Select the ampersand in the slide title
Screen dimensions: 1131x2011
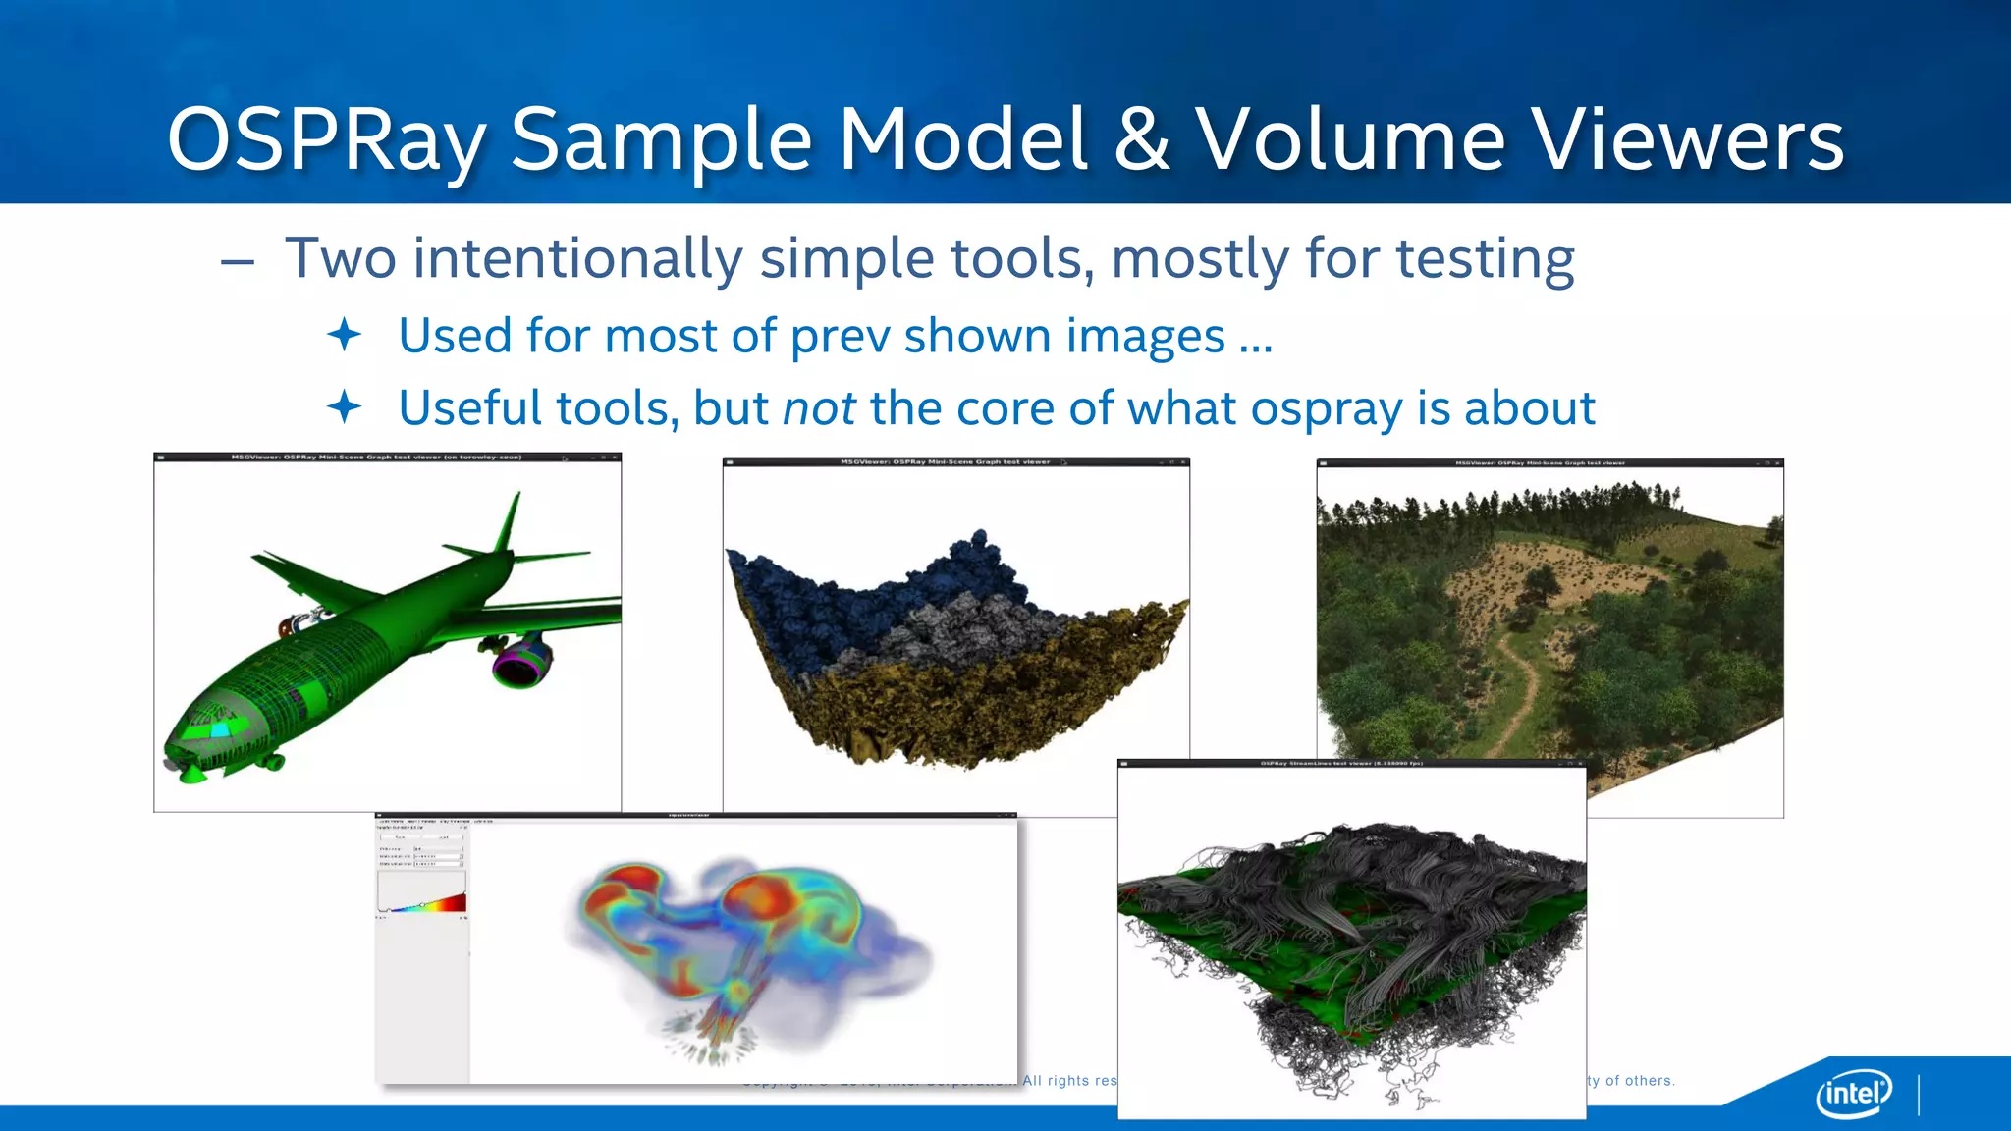1142,140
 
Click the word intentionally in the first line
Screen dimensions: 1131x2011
577,259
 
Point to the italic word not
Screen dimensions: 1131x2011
819,407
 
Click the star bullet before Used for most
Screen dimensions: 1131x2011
345,336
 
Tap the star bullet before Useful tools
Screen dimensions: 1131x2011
345,406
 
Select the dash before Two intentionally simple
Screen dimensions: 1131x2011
238,262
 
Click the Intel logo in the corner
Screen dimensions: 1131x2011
1854,1092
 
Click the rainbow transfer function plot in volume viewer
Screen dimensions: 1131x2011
422,893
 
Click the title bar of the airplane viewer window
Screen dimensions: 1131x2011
387,458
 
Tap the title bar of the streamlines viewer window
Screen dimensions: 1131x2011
1351,763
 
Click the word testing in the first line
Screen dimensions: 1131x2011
1485,259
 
